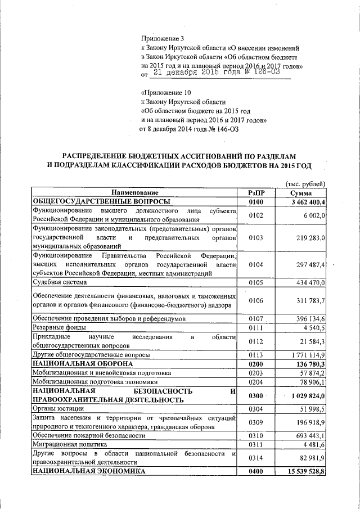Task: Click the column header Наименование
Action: pos(135,192)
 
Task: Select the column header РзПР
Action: pos(255,192)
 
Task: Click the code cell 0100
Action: pos(255,201)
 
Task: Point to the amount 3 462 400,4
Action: pos(309,201)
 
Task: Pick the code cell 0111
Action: pos(255,327)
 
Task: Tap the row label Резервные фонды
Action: pos(59,327)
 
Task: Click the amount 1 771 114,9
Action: pos(308,355)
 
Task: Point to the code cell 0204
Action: pos(255,382)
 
